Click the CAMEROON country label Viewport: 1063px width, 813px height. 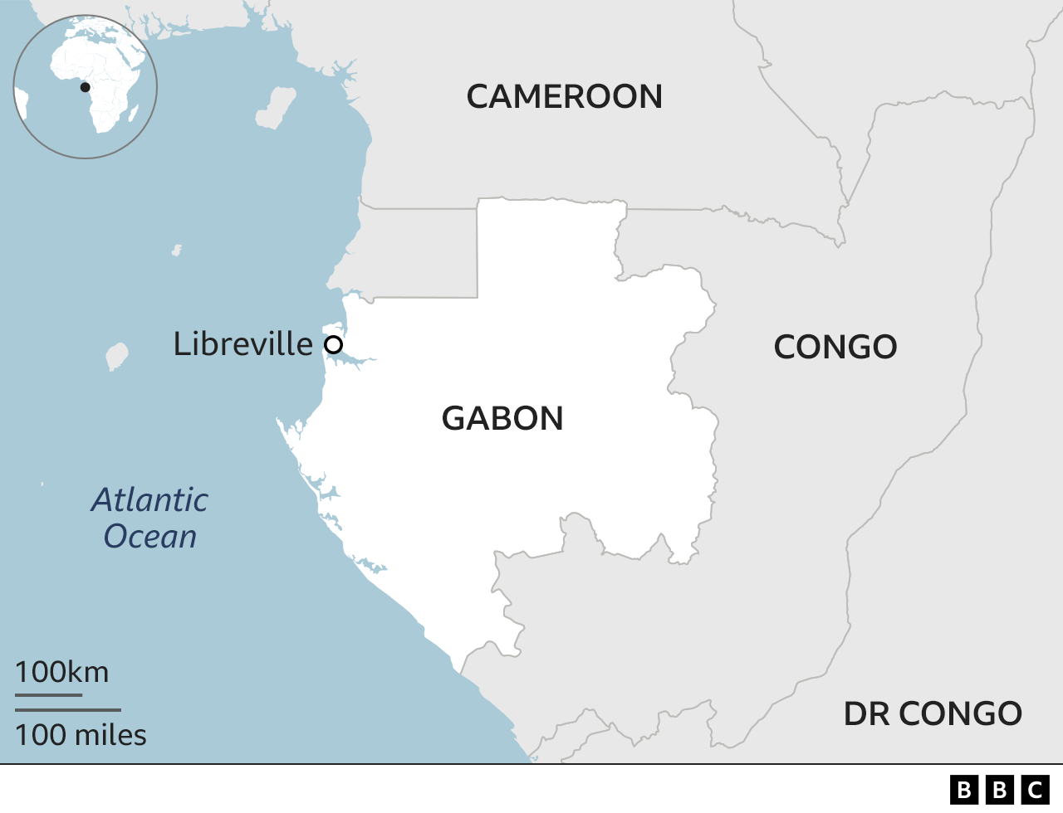point(564,97)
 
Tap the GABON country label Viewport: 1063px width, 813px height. point(502,419)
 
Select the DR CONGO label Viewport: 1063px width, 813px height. point(932,714)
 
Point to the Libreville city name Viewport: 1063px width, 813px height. point(242,344)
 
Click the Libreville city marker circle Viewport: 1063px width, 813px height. point(333,344)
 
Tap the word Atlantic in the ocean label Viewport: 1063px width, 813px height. point(149,500)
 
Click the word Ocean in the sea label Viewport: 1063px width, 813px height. point(150,537)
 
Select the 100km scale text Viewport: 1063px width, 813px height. point(61,672)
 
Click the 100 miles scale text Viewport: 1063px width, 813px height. point(81,735)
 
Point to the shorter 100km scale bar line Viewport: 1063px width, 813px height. point(48,694)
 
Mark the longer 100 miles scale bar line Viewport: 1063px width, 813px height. point(68,710)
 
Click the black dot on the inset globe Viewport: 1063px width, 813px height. point(85,87)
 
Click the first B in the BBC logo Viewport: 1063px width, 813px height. point(964,789)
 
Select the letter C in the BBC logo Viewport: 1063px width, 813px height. point(1036,789)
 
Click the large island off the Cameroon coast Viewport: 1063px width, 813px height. point(276,108)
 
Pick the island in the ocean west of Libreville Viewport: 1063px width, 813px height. point(117,356)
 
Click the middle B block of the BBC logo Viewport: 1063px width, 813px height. point(1000,789)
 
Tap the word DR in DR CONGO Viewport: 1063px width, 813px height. point(866,714)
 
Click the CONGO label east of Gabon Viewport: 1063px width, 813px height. point(835,348)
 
